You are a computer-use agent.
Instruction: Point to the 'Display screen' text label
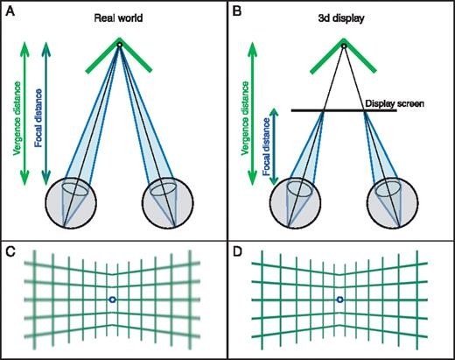tap(396, 104)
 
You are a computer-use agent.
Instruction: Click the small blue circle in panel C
tap(112, 300)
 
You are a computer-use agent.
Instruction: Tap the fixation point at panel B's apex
tap(343, 45)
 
